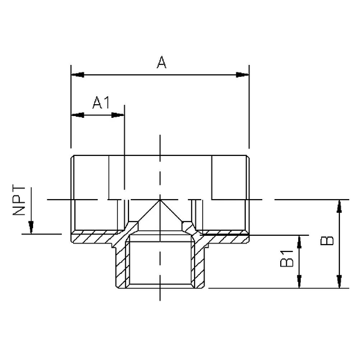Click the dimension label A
[162, 62]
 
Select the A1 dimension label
[101, 102]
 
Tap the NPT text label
[19, 200]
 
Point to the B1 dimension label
[287, 258]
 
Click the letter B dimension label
[327, 240]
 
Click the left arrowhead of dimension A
[78, 75]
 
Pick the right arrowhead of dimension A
[243, 75]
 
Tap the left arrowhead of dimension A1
[78, 115]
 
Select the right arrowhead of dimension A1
[118, 115]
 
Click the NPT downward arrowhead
[31, 227]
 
